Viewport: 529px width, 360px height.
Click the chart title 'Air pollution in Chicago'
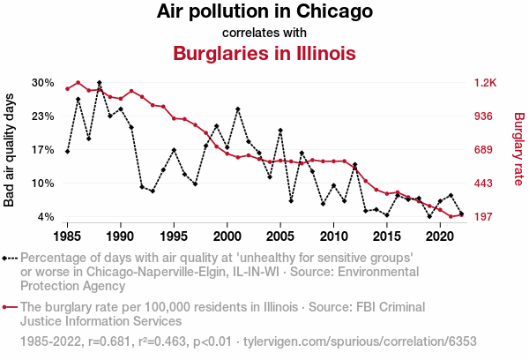[264, 12]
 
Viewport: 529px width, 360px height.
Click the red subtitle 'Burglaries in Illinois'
[264, 53]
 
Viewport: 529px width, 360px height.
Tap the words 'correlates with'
[264, 33]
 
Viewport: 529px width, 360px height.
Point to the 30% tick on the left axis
[43, 83]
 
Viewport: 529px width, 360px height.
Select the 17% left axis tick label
[43, 150]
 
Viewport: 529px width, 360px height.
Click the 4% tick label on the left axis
[47, 217]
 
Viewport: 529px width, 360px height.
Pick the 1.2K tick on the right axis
[486, 83]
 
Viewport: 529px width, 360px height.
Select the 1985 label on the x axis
[67, 236]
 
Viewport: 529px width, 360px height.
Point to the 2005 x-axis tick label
[280, 236]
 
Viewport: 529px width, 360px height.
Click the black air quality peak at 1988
[100, 82]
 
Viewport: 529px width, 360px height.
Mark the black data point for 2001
[238, 109]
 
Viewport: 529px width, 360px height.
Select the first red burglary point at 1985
[67, 88]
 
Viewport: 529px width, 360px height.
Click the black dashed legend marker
[10, 259]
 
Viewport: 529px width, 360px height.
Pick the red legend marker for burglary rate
[10, 308]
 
